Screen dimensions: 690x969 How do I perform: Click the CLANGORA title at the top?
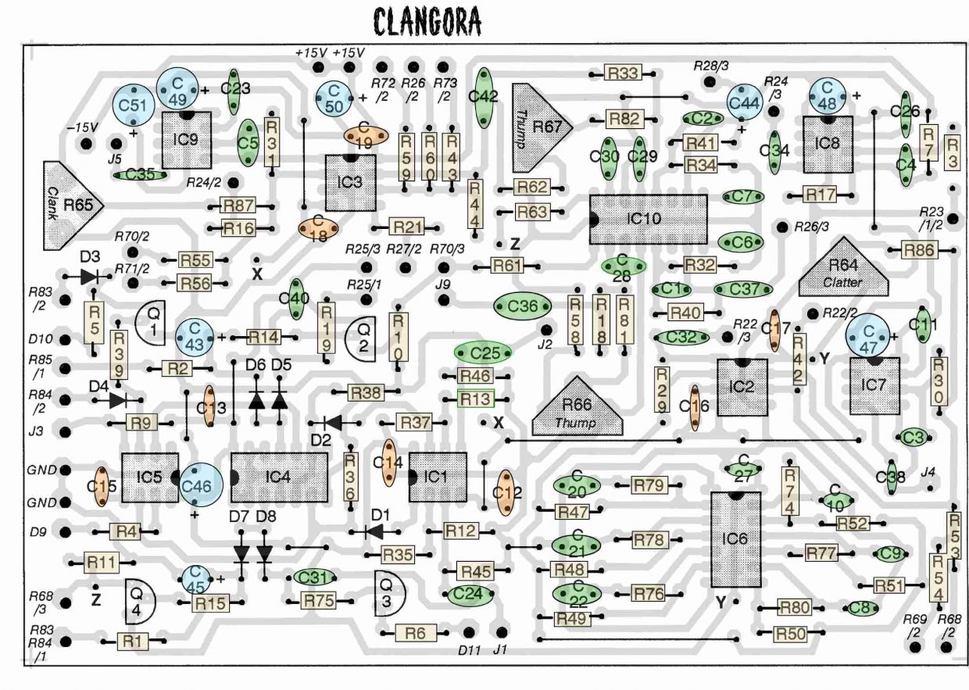point(426,23)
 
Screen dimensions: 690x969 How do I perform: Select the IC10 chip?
point(649,220)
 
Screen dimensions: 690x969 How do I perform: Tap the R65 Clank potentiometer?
point(71,206)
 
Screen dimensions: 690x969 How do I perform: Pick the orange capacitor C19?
point(366,135)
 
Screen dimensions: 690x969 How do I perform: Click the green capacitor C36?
point(522,306)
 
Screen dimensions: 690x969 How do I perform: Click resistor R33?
point(623,73)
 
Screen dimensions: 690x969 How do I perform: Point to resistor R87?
point(239,206)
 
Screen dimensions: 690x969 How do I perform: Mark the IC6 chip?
point(735,539)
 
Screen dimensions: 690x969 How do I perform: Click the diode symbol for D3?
point(91,276)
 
